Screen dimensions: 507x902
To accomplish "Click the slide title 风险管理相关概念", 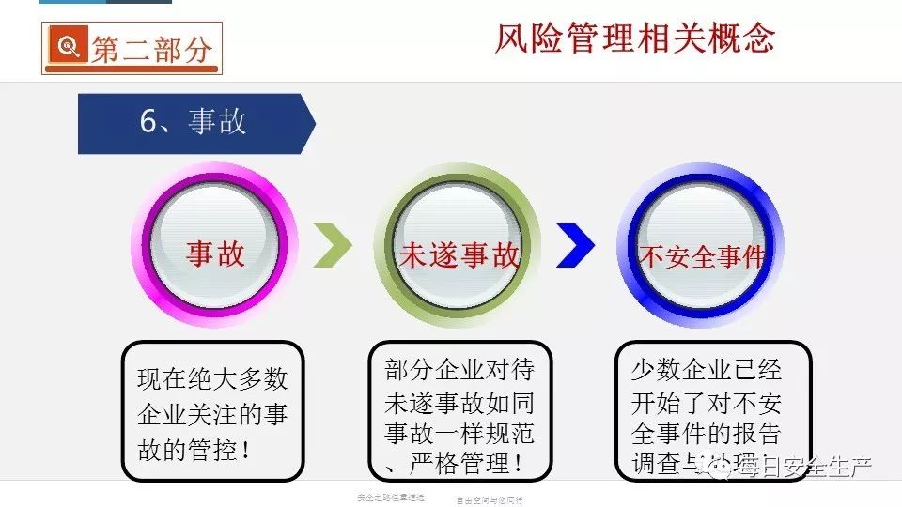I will click(635, 38).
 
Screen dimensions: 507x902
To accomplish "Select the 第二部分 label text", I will click(150, 50).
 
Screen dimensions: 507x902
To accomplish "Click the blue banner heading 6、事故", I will click(193, 122).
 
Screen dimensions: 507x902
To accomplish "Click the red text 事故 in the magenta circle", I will click(215, 253).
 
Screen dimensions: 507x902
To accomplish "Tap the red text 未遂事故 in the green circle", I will click(459, 256).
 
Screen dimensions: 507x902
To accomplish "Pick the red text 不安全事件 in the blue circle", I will click(703, 256).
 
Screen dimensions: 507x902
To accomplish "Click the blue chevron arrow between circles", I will click(575, 246).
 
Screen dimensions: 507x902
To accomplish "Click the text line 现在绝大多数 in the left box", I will click(212, 380).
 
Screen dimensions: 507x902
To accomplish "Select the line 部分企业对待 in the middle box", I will click(459, 370).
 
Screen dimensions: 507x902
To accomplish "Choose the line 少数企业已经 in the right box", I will click(706, 370).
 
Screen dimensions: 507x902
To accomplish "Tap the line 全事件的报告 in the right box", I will click(706, 433).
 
